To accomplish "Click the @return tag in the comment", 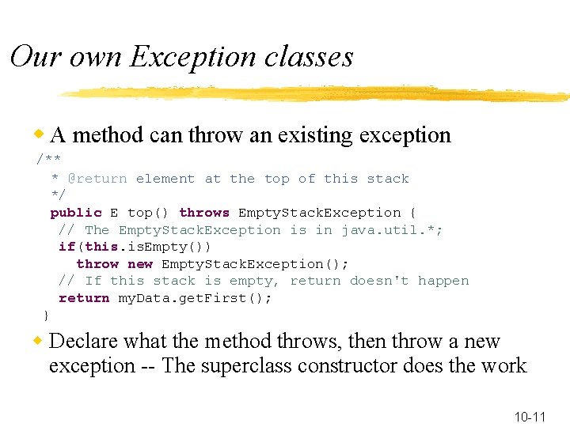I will [97, 179].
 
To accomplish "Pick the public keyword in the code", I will [76, 213].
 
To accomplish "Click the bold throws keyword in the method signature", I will [204, 213].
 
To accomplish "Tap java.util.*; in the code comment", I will [392, 230].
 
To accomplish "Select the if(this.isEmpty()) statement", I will [135, 247].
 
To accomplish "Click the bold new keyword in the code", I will [140, 264].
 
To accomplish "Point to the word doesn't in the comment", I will [379, 281].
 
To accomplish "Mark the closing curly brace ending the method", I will [46, 316].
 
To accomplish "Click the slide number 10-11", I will [530, 417].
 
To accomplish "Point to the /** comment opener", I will [49, 161].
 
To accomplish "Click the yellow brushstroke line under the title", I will [317, 94].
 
